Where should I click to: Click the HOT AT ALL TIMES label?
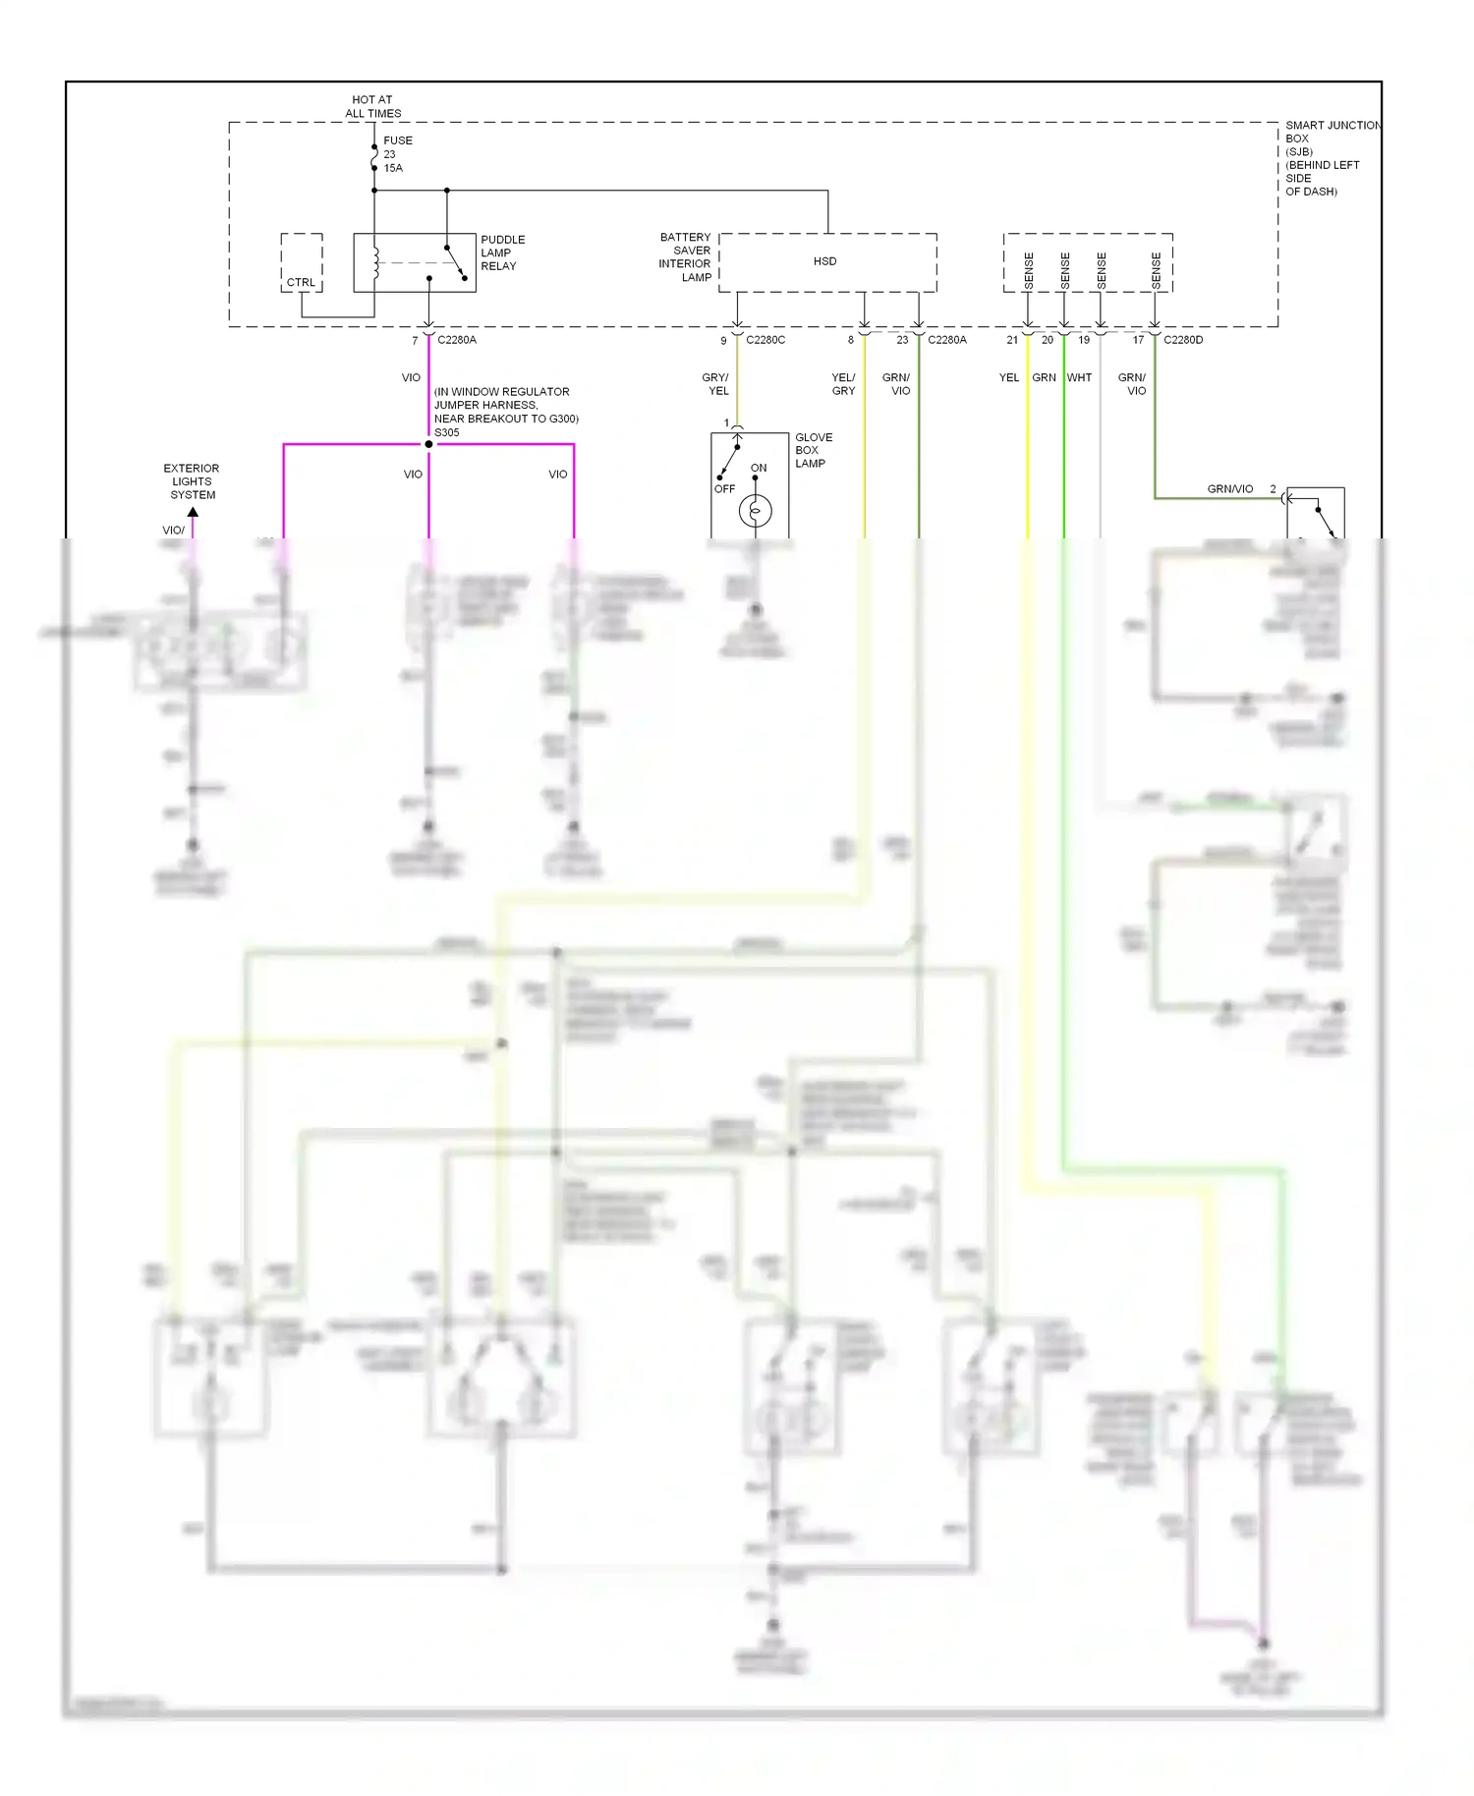(x=372, y=106)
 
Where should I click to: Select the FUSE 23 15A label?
(x=397, y=154)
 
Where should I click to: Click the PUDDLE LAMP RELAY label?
(x=502, y=253)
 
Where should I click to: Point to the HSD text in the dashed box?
(x=824, y=261)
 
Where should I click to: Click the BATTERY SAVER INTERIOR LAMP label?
(x=685, y=257)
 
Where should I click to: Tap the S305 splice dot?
(x=428, y=444)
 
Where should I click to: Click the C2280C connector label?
(x=765, y=340)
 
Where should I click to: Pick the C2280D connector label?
(x=1183, y=340)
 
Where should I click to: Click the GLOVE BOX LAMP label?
(x=813, y=450)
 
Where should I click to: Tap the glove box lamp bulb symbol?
(x=755, y=511)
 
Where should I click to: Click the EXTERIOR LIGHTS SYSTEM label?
(x=192, y=481)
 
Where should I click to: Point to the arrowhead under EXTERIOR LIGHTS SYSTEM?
(x=193, y=512)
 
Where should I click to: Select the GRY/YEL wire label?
(x=716, y=384)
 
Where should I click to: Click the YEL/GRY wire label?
(x=843, y=384)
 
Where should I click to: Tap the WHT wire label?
(x=1079, y=377)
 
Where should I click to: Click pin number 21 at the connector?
(x=1012, y=340)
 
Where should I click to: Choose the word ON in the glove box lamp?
(x=759, y=468)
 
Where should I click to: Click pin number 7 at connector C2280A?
(x=415, y=341)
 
